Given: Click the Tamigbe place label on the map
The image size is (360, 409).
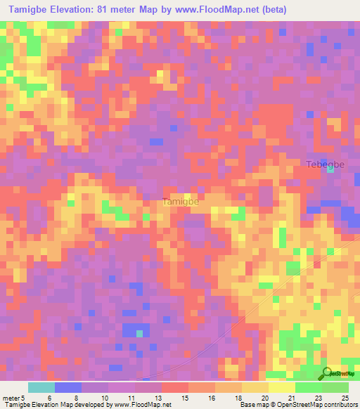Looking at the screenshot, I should pyautogui.click(x=181, y=202).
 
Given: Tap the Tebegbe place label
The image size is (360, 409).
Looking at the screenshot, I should pyautogui.click(x=325, y=164).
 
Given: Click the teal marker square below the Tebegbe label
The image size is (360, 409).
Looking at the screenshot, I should pyautogui.click(x=330, y=169).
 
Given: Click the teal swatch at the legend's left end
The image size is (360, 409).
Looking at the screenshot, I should pyautogui.click(x=41, y=387).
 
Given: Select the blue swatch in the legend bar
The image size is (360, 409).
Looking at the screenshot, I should pyautogui.click(x=68, y=387).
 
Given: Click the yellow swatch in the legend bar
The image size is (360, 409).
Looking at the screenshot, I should pyautogui.click(x=255, y=387).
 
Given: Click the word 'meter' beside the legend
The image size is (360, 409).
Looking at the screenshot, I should pyautogui.click(x=13, y=398).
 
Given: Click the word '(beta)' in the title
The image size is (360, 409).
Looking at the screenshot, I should pyautogui.click(x=271, y=11).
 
